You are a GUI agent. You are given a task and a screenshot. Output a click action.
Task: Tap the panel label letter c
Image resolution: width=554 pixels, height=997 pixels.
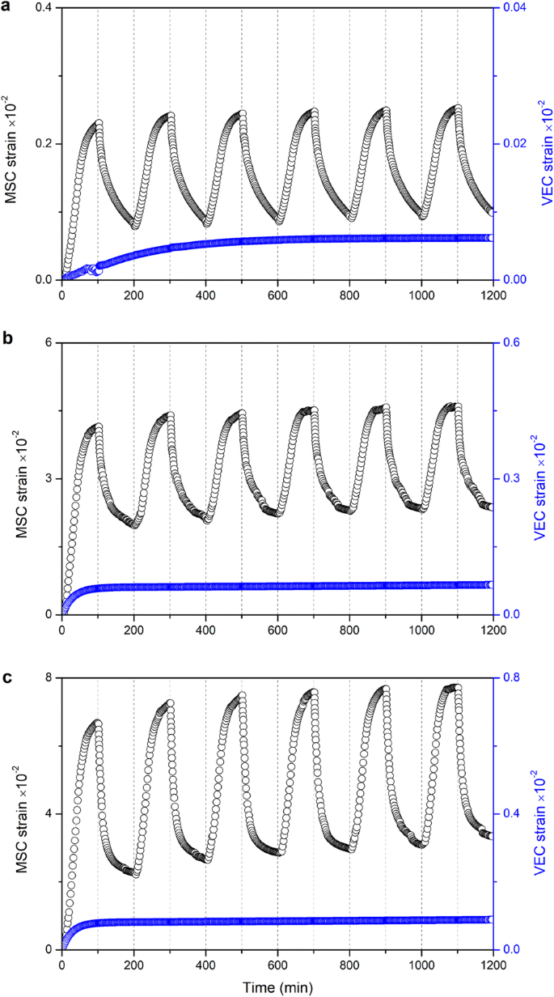click(x=6, y=674)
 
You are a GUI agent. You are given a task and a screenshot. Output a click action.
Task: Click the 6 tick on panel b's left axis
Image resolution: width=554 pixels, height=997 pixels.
click(x=49, y=343)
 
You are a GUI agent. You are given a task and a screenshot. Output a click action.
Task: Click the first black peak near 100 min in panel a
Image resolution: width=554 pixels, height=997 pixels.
click(x=99, y=124)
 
